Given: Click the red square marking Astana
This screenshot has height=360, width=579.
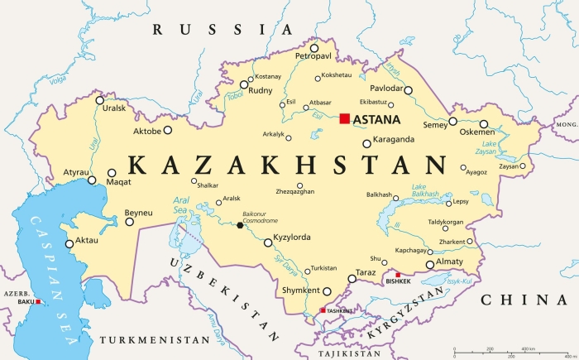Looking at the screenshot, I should (x=345, y=119).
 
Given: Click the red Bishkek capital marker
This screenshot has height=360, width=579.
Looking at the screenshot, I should (x=398, y=275).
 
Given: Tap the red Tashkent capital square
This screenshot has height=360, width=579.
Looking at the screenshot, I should (x=323, y=310).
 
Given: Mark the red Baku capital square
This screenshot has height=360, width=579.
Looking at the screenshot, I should (x=38, y=302).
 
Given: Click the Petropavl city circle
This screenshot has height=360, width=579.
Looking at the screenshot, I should (x=314, y=47).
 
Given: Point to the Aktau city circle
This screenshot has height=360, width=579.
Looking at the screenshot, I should (x=69, y=242).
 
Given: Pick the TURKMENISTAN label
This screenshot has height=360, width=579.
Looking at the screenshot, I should (x=154, y=340).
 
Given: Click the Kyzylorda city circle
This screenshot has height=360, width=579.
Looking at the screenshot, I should (x=267, y=242).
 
